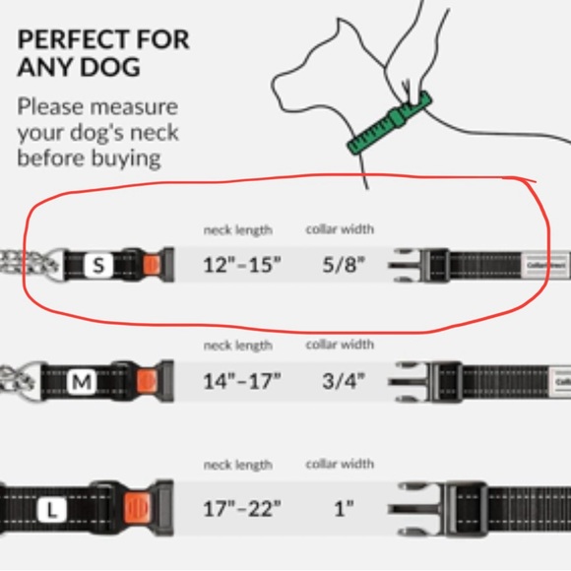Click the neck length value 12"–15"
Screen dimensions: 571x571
click(242, 265)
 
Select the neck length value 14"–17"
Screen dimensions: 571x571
click(242, 381)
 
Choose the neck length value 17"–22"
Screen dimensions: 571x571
click(242, 509)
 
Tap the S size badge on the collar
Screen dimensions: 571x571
click(97, 264)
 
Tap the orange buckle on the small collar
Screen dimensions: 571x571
click(150, 264)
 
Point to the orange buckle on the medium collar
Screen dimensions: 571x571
click(144, 381)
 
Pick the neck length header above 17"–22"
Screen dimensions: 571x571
click(237, 464)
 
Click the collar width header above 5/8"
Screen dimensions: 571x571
click(340, 229)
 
